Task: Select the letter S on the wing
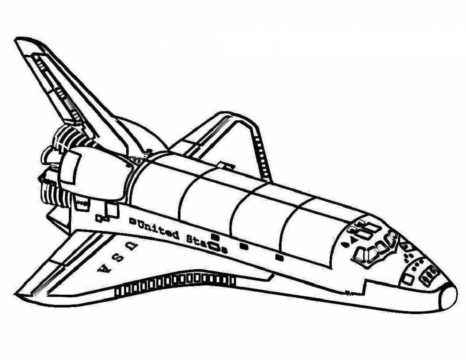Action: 116,257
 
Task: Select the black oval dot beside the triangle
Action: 345,245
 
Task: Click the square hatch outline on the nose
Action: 408,279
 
